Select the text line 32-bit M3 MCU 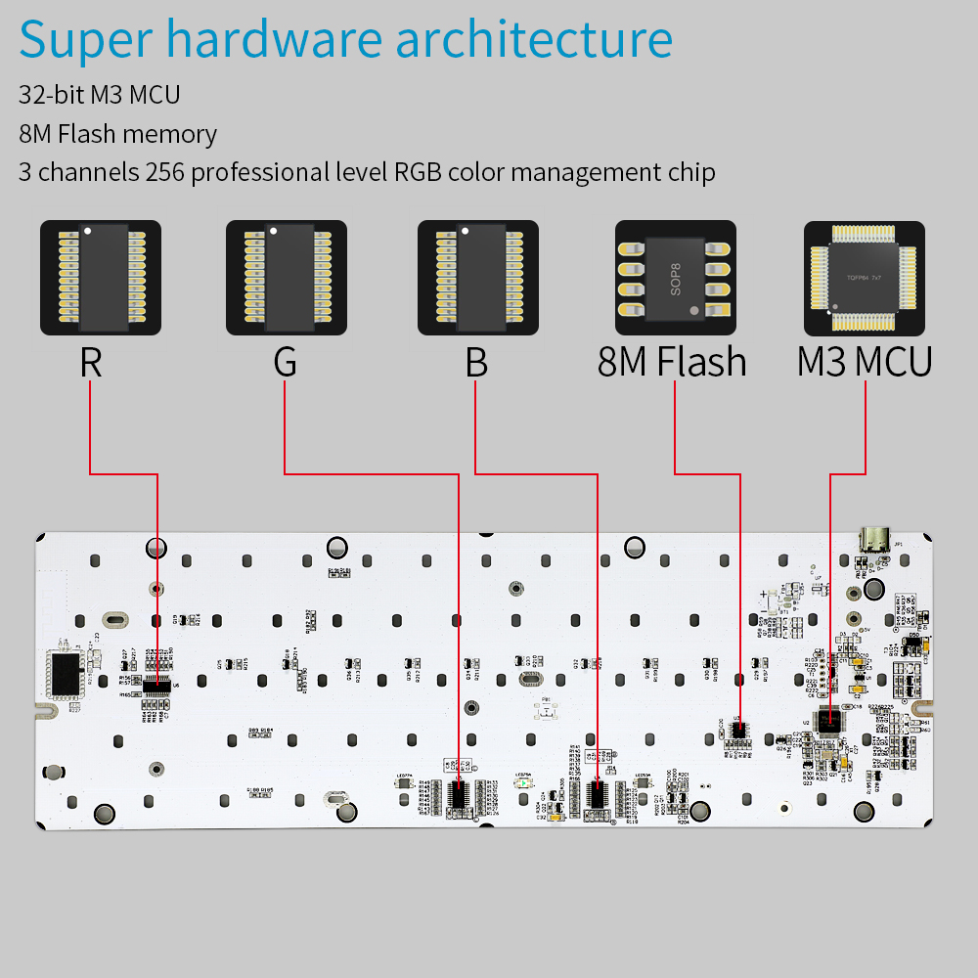(100, 95)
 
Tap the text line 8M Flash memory (117, 134)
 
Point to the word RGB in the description (419, 173)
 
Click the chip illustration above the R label (98, 277)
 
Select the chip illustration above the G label (285, 277)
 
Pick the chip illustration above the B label (476, 277)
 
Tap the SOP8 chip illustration (675, 277)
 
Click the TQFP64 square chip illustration (864, 277)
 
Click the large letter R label (90, 362)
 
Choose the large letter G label (285, 362)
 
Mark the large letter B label (476, 362)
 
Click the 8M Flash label (672, 362)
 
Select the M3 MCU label (864, 362)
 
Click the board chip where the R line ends (157, 687)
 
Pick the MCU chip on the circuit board (830, 719)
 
